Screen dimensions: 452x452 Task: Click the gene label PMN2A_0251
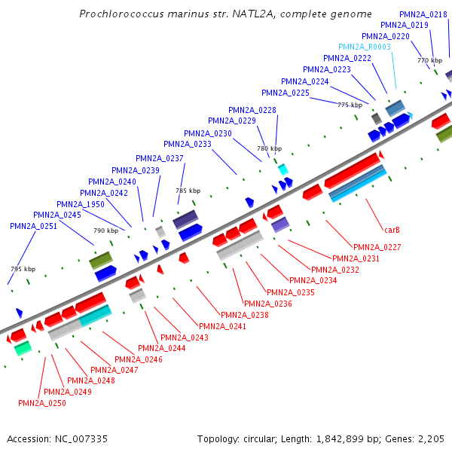click(x=33, y=226)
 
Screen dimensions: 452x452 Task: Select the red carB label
click(x=392, y=229)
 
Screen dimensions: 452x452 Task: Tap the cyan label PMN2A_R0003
click(x=365, y=47)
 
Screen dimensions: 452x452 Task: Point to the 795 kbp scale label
click(x=23, y=269)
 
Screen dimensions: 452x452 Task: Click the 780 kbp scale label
click(x=269, y=149)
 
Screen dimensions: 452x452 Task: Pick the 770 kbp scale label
click(x=429, y=60)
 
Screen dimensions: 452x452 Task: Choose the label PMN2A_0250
click(x=42, y=404)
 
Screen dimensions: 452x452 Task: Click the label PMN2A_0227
click(x=377, y=247)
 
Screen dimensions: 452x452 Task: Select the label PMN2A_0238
click(x=244, y=315)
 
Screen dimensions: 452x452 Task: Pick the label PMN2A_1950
click(x=81, y=204)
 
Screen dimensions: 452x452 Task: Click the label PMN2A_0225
click(x=286, y=93)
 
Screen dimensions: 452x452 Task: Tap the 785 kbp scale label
click(x=188, y=191)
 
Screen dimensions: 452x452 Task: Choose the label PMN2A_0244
click(x=160, y=348)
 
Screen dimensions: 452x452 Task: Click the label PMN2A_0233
click(x=188, y=144)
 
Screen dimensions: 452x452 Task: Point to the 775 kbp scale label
click(x=350, y=105)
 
